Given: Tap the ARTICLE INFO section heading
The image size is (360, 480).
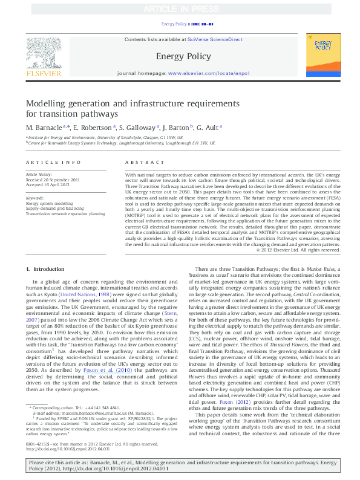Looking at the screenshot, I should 53,163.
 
